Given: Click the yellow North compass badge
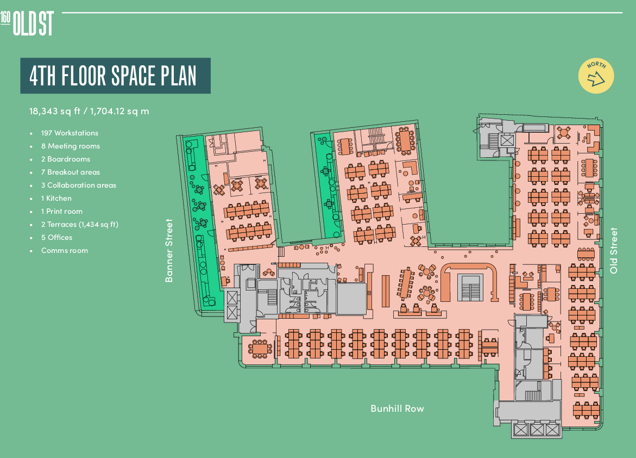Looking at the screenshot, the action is click(x=596, y=76).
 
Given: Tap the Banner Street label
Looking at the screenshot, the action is click(x=169, y=250).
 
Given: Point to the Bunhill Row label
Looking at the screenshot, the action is click(x=397, y=409).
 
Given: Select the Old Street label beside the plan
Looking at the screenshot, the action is click(x=614, y=250).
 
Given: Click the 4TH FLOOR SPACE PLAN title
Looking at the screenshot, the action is click(x=113, y=76).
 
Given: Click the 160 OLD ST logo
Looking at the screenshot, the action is click(x=27, y=23).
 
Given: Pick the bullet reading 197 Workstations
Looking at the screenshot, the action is click(x=70, y=133).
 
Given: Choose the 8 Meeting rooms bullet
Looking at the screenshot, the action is click(x=70, y=146).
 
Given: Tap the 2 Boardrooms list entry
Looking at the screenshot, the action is click(x=65, y=159).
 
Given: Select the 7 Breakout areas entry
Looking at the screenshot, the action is click(x=70, y=172).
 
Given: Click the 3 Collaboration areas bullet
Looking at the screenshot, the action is click(x=78, y=185).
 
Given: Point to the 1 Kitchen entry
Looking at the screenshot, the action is click(x=56, y=199).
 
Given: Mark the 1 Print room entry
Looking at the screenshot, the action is click(x=62, y=212).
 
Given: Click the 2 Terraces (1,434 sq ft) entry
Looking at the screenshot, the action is click(x=79, y=224).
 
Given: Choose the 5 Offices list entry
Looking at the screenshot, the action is click(x=56, y=237).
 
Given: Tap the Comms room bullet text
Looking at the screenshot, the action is click(x=65, y=250).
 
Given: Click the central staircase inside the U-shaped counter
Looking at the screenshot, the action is click(x=470, y=287).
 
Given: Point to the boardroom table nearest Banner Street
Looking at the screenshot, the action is click(x=260, y=348).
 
